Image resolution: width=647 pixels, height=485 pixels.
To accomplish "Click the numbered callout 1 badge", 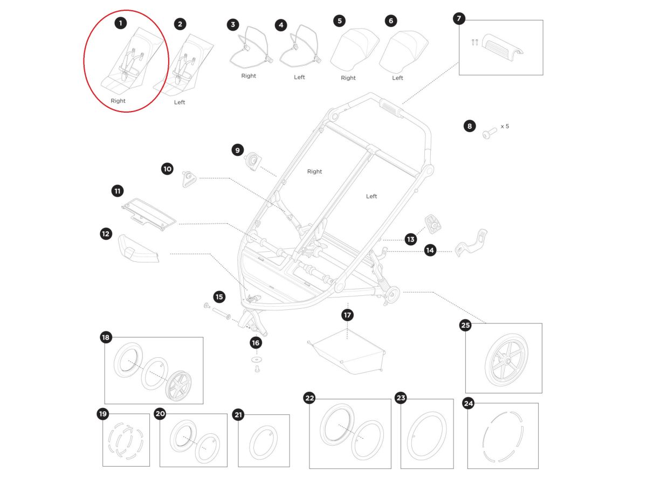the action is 120,23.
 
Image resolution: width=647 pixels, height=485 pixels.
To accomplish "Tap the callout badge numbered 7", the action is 459,18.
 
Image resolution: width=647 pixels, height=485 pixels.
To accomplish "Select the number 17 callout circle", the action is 348,315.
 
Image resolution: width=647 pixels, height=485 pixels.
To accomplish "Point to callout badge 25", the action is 465,325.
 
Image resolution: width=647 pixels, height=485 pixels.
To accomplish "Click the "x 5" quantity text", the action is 505,126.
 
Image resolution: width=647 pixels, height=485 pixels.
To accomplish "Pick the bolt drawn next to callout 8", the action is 490,133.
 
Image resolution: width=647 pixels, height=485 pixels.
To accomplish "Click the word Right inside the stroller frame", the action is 314,171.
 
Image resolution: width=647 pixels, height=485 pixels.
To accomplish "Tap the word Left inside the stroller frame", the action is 371,196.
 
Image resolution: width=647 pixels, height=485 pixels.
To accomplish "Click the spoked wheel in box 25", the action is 506,360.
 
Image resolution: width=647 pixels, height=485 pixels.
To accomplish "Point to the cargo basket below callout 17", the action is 346,351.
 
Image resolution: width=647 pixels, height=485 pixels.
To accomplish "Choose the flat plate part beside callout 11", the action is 149,214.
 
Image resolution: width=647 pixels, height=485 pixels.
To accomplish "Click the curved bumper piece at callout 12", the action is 139,248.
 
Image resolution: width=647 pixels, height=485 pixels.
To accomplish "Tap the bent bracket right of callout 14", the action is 471,243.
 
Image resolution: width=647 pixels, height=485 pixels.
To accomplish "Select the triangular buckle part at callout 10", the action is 189,179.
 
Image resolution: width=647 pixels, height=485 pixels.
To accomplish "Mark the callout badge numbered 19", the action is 103,414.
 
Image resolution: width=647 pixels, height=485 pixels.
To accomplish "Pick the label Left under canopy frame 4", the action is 299,77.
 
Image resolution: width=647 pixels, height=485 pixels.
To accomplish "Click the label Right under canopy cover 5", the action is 348,78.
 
